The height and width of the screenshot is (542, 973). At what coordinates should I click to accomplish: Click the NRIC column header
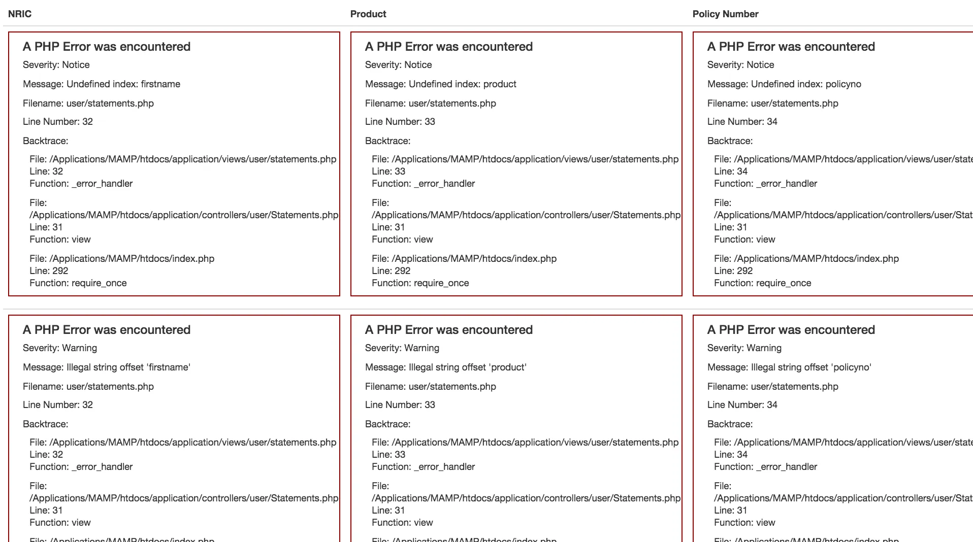20,14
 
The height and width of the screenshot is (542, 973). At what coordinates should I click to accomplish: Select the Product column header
368,14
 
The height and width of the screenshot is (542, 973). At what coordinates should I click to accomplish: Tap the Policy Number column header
725,14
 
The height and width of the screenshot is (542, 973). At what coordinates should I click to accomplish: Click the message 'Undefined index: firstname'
102,84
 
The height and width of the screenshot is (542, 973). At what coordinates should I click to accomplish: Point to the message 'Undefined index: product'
441,84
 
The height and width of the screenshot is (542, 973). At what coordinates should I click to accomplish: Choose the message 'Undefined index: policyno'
784,84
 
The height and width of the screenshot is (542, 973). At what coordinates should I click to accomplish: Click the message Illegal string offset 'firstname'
107,367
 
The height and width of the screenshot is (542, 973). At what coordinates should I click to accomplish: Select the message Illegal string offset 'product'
446,367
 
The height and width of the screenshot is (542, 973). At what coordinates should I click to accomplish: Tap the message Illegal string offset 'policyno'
789,367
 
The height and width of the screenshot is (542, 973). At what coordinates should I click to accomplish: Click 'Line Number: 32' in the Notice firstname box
58,122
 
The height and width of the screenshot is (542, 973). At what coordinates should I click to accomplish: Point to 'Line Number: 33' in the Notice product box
400,122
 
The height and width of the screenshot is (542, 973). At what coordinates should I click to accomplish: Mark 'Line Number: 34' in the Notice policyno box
742,122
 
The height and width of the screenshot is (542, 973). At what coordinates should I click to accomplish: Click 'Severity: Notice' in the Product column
399,65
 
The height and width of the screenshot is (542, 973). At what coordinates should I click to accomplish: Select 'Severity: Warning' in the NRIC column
60,348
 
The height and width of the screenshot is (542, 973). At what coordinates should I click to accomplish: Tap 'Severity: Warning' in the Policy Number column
744,348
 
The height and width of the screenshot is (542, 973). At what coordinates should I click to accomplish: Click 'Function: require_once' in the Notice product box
420,283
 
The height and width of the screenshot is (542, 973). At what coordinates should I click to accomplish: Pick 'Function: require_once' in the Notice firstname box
78,283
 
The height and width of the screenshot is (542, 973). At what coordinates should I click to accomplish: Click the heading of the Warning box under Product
449,330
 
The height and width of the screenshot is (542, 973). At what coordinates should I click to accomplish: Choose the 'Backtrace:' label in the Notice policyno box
730,141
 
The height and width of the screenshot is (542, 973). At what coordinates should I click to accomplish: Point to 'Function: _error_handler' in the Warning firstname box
81,467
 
